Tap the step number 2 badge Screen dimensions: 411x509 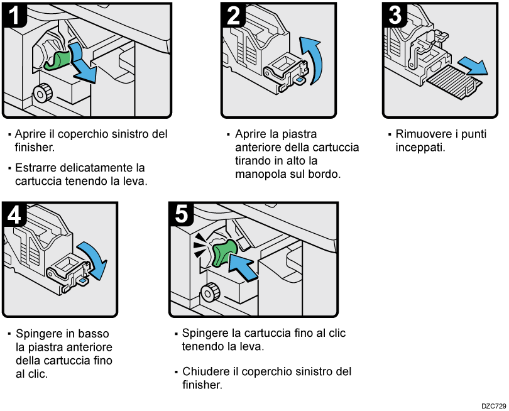point(234,15)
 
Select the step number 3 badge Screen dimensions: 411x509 point(395,15)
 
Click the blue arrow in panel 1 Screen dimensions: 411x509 point(83,62)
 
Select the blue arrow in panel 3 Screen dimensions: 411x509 point(471,65)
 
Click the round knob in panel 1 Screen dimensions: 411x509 point(42,93)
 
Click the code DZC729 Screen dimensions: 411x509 point(490,405)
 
